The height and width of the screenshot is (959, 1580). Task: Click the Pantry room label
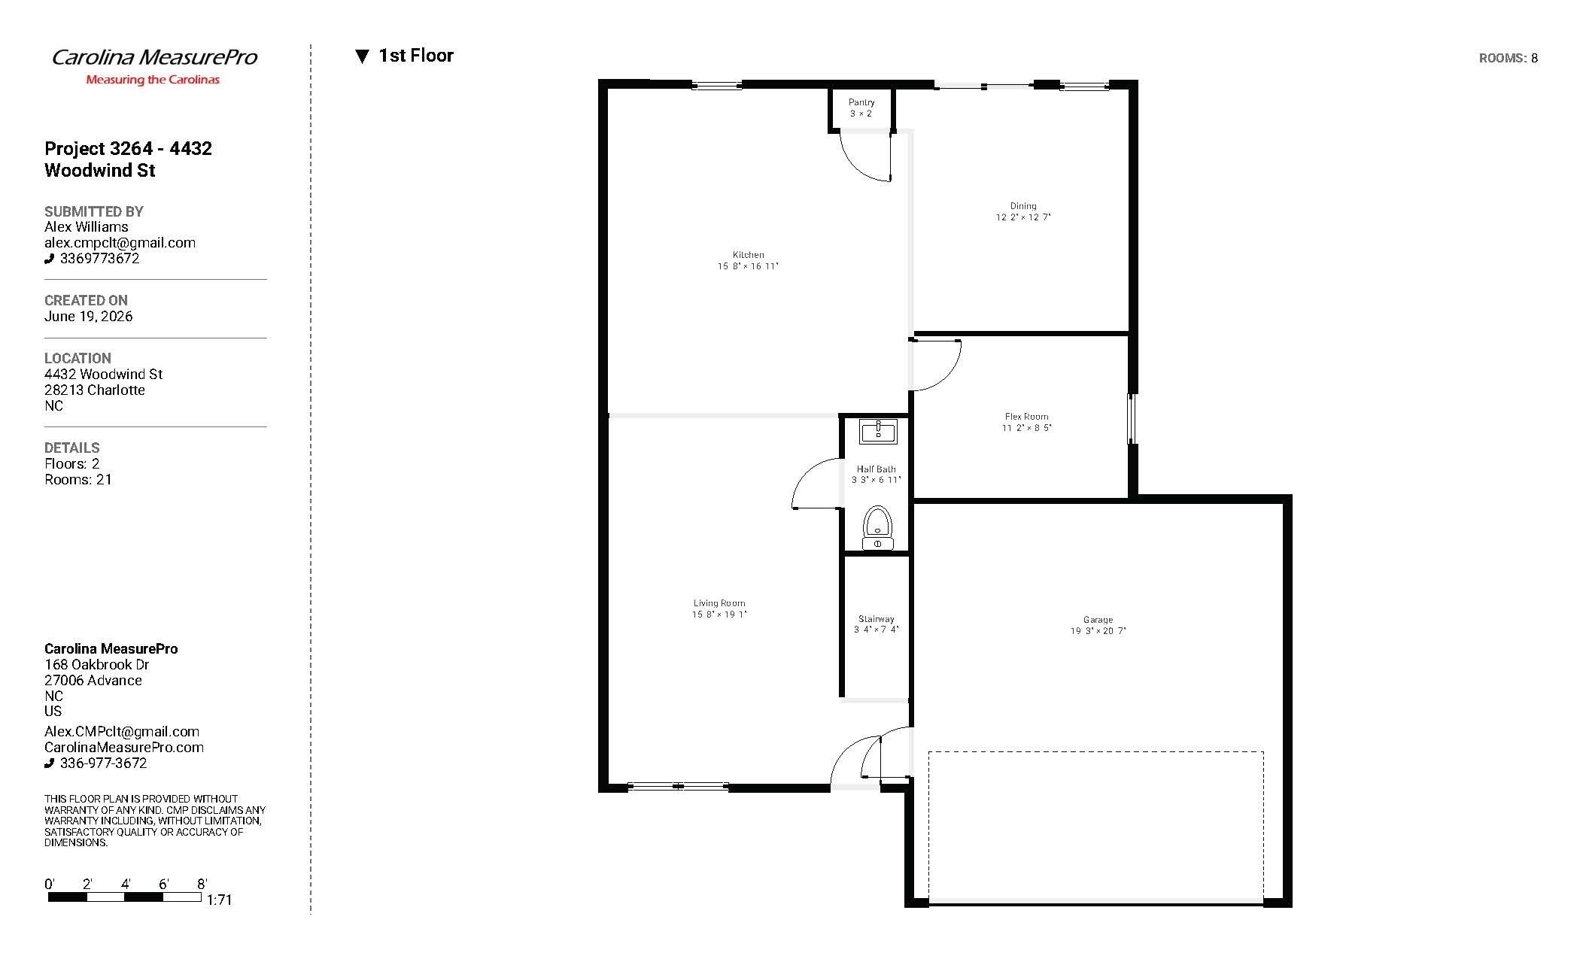click(861, 102)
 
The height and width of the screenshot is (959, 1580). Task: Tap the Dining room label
click(1023, 206)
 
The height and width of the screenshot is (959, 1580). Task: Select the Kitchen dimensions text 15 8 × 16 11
click(748, 266)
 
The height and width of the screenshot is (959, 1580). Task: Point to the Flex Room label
click(1026, 417)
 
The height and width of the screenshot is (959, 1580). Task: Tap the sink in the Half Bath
click(878, 432)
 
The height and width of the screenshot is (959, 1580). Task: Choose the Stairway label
click(877, 619)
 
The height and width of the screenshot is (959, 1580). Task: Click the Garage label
click(1098, 621)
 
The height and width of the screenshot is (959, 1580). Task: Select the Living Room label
click(719, 603)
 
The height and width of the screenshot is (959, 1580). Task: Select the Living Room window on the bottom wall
click(678, 787)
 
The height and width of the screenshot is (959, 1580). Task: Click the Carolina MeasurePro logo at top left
click(154, 65)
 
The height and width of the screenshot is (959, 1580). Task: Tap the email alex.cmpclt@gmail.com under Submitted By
click(120, 243)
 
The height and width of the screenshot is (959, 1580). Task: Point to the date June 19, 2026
click(88, 317)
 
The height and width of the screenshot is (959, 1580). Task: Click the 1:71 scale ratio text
click(219, 900)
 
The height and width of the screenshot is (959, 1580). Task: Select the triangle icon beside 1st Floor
click(362, 56)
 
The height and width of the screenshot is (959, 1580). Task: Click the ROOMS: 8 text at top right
click(1508, 58)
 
